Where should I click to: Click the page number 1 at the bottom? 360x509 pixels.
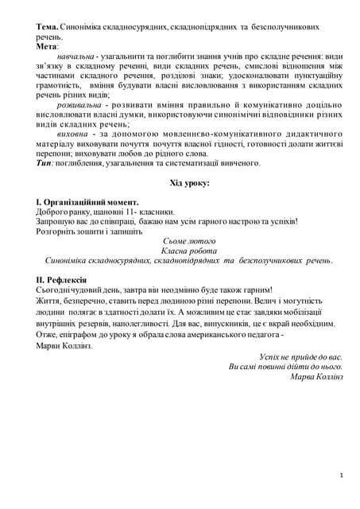[x=341, y=475]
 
